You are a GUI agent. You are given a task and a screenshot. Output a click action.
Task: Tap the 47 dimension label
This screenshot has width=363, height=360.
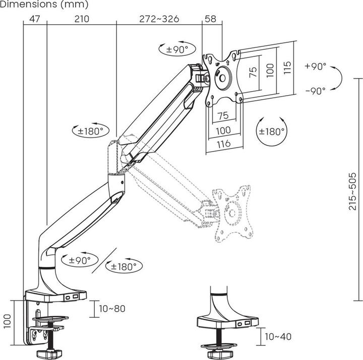(35, 20)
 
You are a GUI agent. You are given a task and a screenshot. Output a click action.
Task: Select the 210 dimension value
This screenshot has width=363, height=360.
(81, 20)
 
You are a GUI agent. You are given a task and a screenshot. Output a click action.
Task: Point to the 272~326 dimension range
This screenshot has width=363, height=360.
(159, 20)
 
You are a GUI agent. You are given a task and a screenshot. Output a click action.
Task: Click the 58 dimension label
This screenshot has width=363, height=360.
(211, 20)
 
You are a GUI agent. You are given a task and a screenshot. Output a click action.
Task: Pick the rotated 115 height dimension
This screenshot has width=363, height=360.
(287, 67)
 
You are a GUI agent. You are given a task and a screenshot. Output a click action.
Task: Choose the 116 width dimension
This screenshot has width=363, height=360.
(223, 143)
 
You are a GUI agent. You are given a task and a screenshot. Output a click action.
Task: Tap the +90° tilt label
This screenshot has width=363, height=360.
(316, 66)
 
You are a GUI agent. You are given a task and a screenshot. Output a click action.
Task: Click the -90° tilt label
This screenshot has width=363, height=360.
(316, 91)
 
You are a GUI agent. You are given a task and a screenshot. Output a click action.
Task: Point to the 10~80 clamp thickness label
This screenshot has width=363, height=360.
(112, 309)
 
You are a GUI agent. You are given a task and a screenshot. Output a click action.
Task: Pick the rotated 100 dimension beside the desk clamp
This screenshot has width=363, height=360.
(7, 321)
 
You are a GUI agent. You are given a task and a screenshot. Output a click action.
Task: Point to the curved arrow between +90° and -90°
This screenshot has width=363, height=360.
(339, 79)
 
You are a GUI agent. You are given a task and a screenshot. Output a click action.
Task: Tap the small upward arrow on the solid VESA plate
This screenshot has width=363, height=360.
(227, 62)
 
